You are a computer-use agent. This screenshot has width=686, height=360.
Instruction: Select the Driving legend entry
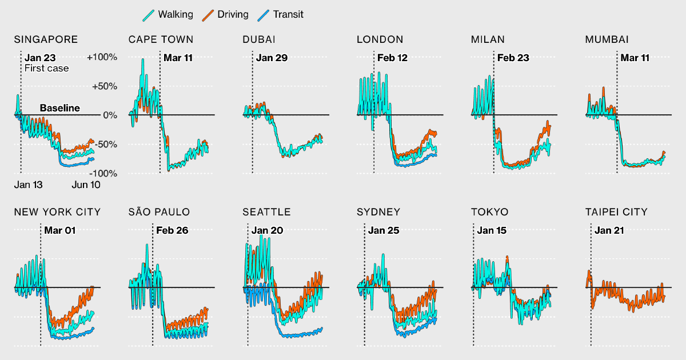point(227,14)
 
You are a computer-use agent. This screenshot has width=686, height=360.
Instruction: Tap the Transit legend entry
point(282,14)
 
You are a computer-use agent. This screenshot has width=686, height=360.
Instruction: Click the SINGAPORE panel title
point(46,39)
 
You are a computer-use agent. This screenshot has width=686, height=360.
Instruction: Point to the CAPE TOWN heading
point(161,39)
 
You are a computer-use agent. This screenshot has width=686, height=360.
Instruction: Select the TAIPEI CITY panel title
point(616,212)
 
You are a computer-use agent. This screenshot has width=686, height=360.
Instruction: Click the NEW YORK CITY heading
point(57,212)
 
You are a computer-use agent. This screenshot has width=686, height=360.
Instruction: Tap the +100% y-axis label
point(102,57)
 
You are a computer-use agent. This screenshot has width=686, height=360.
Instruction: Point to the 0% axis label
point(110,115)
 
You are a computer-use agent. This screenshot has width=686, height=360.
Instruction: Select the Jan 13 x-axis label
point(29,185)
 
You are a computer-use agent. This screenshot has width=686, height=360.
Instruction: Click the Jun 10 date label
point(86,185)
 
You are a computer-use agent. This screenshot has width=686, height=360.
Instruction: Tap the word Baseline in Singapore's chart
point(60,108)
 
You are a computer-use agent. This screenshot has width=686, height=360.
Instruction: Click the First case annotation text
point(46,69)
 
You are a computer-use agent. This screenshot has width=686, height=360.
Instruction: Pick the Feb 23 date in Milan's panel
point(513,58)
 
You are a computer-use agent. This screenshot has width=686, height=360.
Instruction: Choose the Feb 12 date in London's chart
point(393,58)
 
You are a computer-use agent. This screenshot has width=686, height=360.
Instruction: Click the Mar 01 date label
point(59,231)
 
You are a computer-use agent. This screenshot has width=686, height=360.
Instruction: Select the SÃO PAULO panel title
point(159,212)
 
